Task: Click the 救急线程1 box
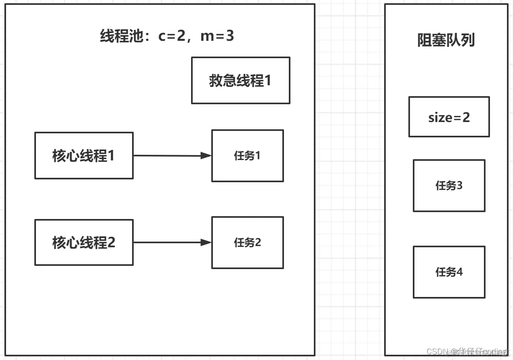(240, 80)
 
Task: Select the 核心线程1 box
(84, 156)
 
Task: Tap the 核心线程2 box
(84, 242)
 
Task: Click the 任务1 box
(247, 156)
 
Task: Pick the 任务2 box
(247, 242)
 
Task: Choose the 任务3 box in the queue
(449, 185)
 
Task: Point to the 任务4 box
(449, 272)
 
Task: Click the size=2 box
(449, 117)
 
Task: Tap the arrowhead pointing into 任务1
(206, 156)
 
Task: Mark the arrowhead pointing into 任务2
(206, 242)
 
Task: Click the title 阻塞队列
(446, 40)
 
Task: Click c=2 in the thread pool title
(171, 36)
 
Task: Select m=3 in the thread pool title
(217, 36)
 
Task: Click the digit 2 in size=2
(466, 117)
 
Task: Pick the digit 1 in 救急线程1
(267, 80)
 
